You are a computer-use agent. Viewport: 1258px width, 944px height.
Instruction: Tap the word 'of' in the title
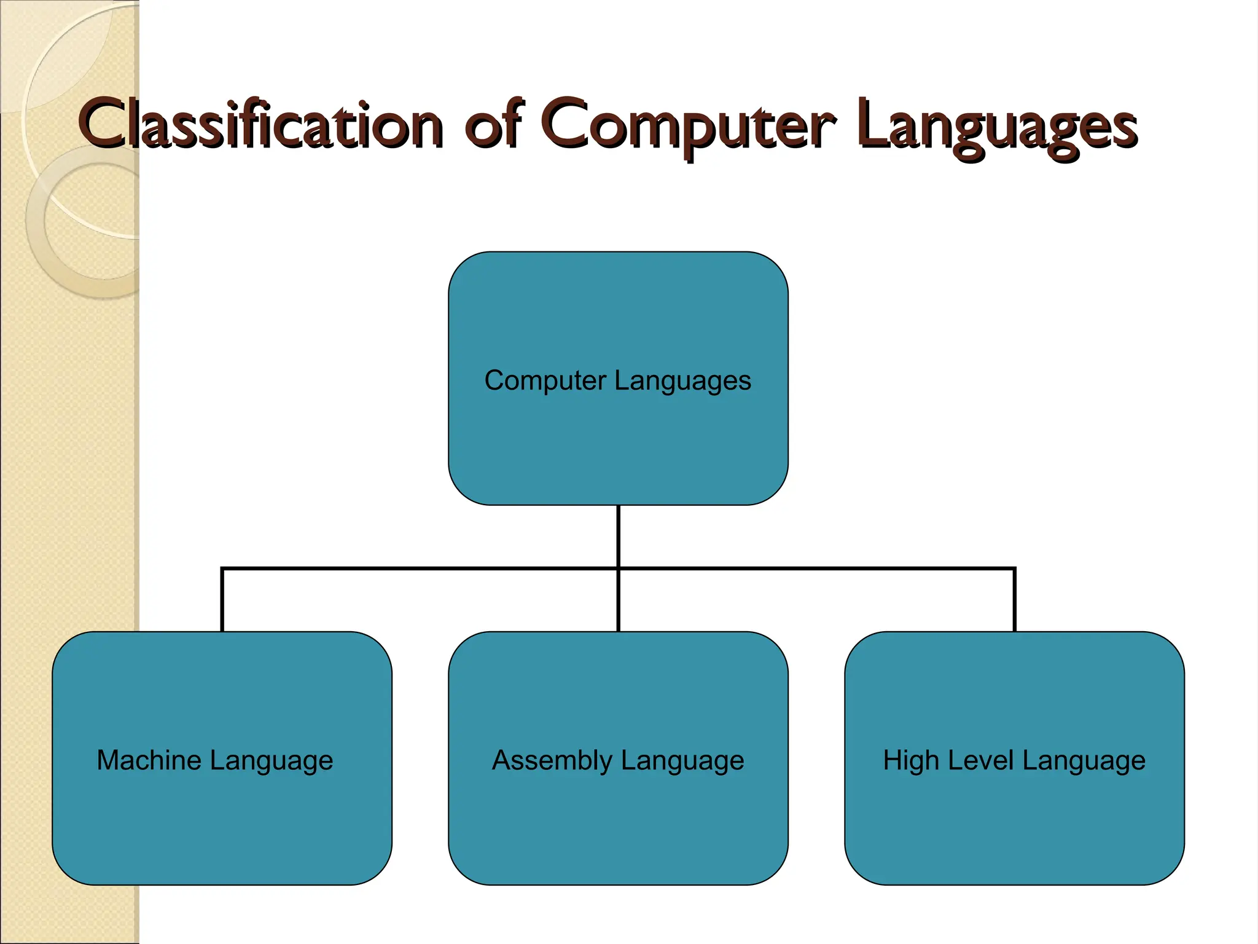[493, 125]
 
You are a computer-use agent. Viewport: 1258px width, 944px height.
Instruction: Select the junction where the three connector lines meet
[618, 569]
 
